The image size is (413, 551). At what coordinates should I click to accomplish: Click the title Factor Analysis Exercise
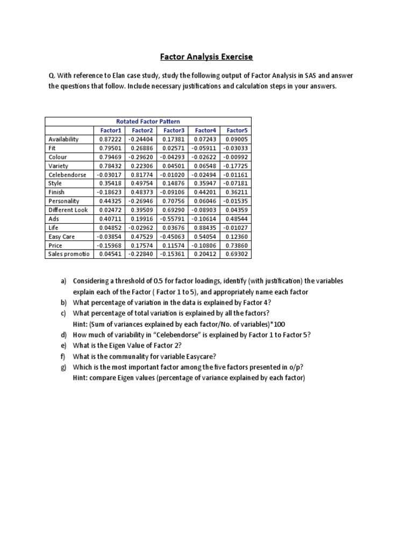coord(206,56)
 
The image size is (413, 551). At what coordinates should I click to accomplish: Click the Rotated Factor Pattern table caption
coord(148,121)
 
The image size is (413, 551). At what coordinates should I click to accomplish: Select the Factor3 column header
coord(173,130)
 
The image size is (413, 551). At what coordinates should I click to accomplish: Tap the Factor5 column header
coord(237,130)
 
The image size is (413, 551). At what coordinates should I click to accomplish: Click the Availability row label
coord(63,139)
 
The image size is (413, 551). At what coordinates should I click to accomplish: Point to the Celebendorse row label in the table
coord(67,174)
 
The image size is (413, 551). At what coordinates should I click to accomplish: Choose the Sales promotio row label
coord(69,253)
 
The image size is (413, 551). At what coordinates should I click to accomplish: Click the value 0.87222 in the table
coord(110,139)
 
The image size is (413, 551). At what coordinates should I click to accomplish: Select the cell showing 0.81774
coord(142,174)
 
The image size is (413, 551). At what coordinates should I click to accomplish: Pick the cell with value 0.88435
coord(205,227)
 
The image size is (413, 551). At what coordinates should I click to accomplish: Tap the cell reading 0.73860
coord(237,245)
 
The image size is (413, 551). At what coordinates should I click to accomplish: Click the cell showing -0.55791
coord(173,218)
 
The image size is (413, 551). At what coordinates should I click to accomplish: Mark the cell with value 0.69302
coord(237,253)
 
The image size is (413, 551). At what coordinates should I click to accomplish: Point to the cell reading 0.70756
coord(173,201)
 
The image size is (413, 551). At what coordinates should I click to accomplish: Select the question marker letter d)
coord(63,334)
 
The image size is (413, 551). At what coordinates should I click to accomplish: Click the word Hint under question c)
coord(80,323)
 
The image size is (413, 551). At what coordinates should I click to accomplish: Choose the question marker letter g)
coord(63,366)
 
